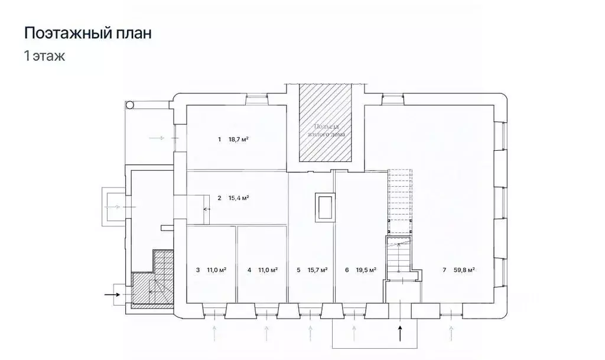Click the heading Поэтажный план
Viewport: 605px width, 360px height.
87,33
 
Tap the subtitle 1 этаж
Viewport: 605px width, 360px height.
44,57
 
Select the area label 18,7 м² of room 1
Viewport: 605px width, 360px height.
238,140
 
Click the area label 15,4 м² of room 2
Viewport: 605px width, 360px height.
238,197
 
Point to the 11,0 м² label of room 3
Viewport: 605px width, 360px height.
216,270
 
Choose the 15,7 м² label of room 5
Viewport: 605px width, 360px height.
317,270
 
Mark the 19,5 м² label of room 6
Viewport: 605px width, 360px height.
366,270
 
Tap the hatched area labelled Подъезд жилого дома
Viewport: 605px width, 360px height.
325,124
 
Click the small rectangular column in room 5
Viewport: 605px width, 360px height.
324,207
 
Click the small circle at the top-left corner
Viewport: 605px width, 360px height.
130,105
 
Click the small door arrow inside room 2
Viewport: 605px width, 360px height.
207,209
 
